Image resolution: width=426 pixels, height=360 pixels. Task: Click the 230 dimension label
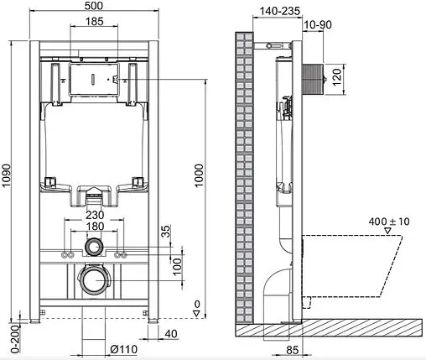95,214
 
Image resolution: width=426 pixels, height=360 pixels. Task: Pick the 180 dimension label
95,227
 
